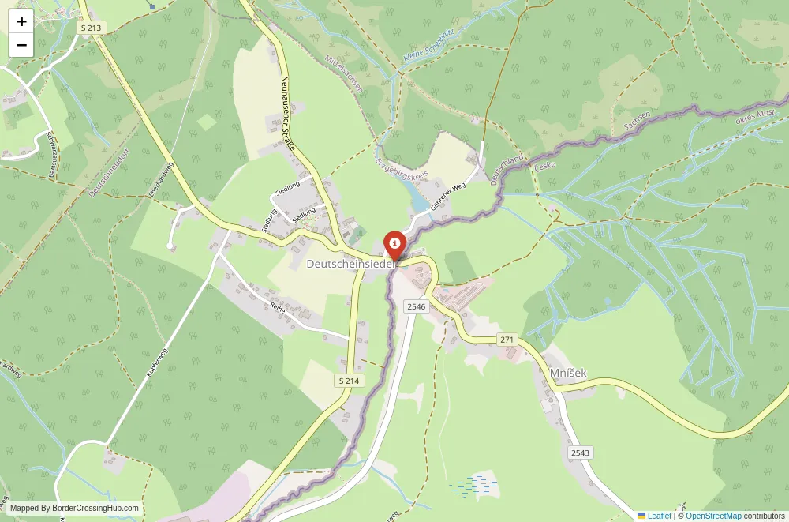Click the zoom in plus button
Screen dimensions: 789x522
tap(21, 21)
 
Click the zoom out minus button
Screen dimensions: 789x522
tap(21, 45)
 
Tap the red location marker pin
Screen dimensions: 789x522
tap(394, 244)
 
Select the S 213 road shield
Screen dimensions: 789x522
tap(92, 28)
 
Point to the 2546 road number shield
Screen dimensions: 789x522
tap(416, 306)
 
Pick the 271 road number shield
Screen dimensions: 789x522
tap(507, 339)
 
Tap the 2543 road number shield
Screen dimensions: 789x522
tap(580, 453)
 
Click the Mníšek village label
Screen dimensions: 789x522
tap(568, 372)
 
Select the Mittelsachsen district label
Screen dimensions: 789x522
tap(344, 75)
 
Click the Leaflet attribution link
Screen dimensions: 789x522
tap(659, 516)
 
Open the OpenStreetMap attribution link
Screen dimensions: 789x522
tap(713, 516)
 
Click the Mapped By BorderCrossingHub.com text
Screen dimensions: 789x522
tap(75, 509)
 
